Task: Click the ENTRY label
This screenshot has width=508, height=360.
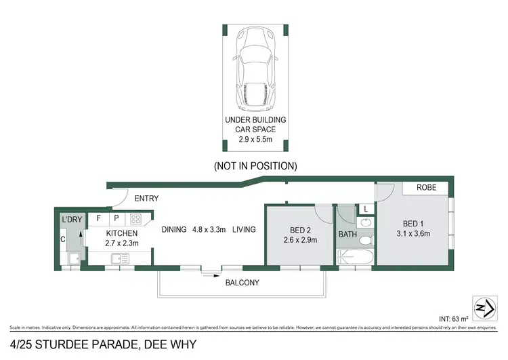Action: click(x=146, y=199)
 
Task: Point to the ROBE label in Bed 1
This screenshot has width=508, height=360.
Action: click(x=426, y=188)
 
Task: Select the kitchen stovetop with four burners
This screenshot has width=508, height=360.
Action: click(x=135, y=219)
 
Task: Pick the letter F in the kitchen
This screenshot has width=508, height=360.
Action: click(x=98, y=219)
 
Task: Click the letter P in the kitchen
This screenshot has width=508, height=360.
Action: click(x=116, y=219)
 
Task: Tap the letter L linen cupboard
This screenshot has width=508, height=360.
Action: click(x=365, y=209)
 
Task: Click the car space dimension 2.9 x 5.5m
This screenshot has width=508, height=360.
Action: click(x=255, y=140)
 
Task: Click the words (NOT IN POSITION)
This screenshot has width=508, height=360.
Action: click(x=255, y=165)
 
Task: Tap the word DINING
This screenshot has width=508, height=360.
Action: click(x=174, y=229)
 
